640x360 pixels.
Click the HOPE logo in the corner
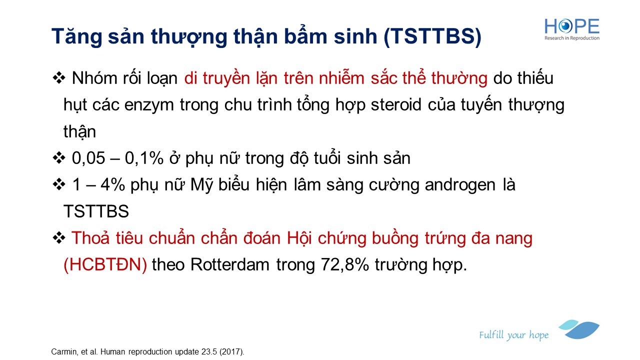[x=571, y=29]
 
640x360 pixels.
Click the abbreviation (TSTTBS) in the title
[x=432, y=36]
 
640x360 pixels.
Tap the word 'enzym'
[x=149, y=105]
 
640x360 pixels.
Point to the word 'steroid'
[x=396, y=104]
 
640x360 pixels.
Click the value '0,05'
[x=88, y=158]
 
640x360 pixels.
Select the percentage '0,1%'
[x=144, y=158]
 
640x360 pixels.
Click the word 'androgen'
[x=460, y=185]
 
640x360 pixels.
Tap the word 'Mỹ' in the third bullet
[x=201, y=185]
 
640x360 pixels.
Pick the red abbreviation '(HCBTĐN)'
[x=105, y=264]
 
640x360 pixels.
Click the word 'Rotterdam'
[x=229, y=264]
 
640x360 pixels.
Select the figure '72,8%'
[x=345, y=264]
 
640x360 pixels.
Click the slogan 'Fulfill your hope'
[x=513, y=335]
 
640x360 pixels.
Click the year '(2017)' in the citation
[x=231, y=351]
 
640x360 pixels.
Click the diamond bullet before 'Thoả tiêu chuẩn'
[x=59, y=237]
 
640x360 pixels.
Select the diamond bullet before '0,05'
[x=59, y=158]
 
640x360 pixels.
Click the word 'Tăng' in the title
[x=76, y=36]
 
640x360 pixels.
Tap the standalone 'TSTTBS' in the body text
[x=96, y=211]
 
